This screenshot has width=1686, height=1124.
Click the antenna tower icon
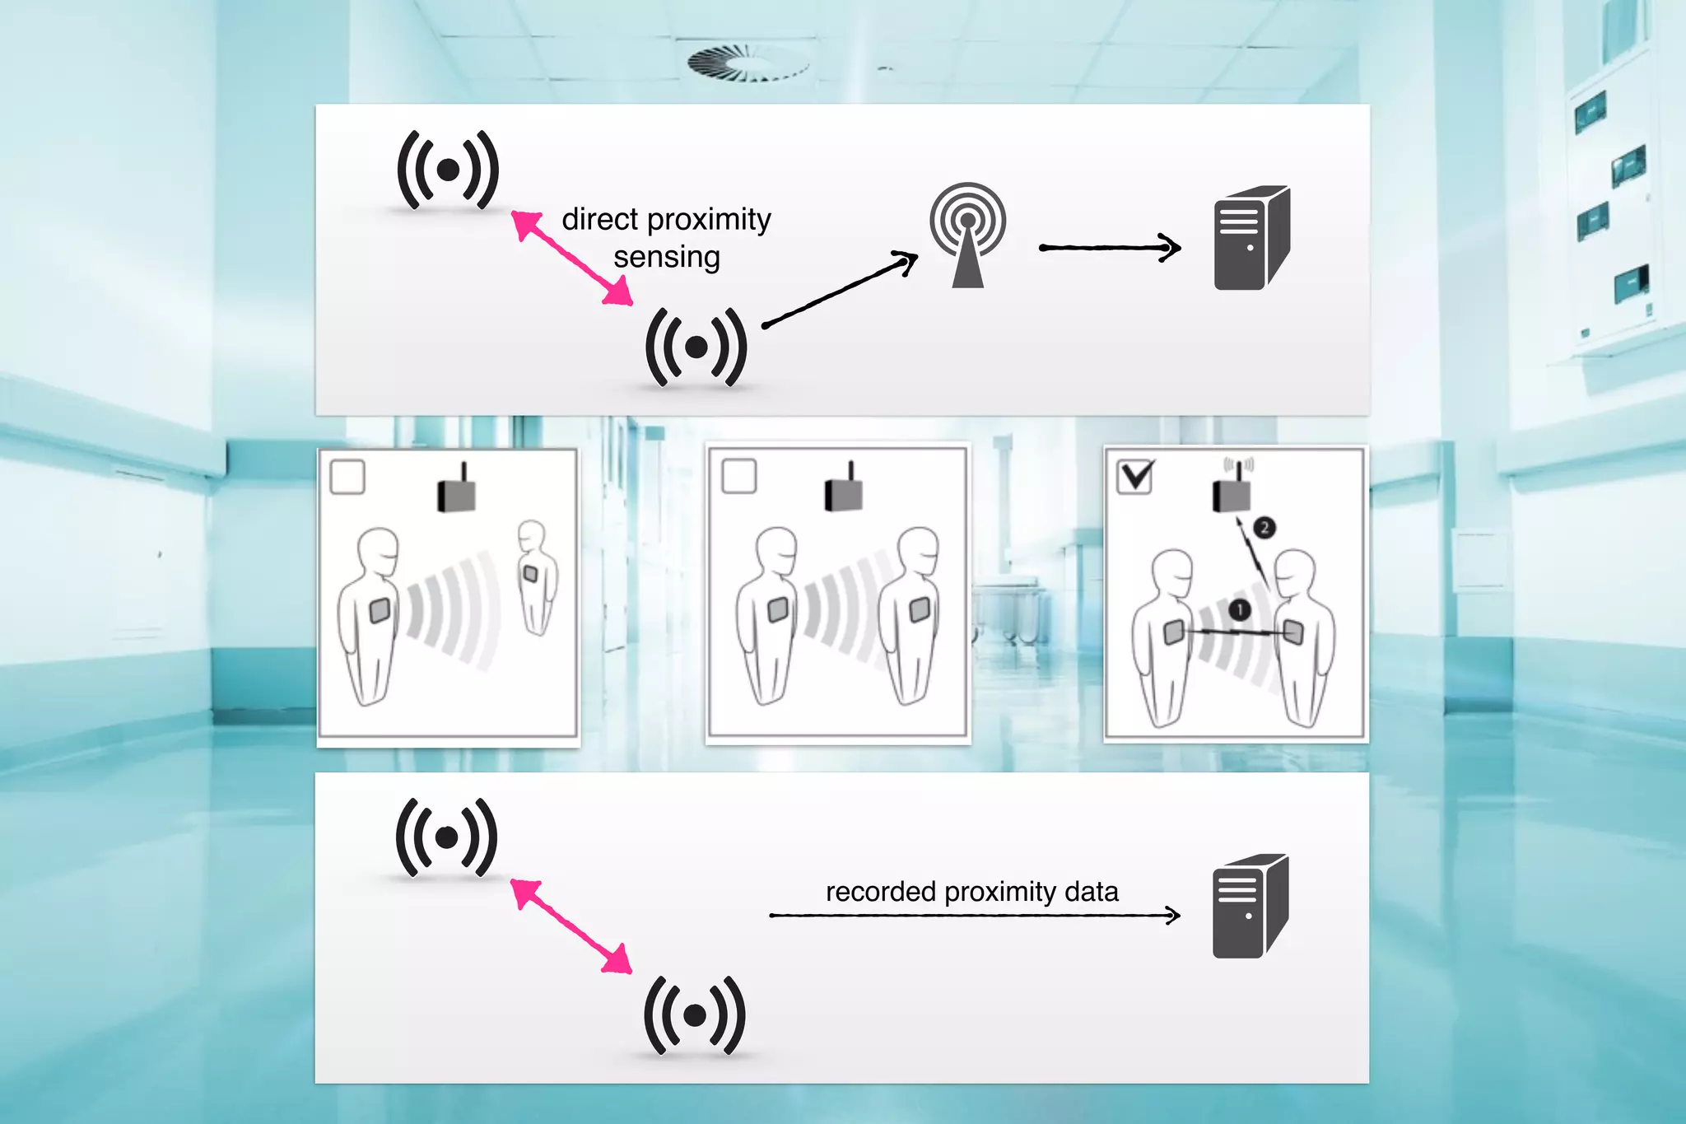coord(967,235)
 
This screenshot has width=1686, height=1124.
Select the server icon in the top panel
coord(1251,238)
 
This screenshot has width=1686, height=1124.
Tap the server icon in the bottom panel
coord(1250,906)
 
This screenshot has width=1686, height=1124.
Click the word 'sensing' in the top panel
coord(667,258)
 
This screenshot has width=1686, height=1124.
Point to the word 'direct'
coord(600,220)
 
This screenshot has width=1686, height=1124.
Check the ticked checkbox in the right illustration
coord(1135,476)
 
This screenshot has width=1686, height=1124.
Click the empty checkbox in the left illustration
coord(347,478)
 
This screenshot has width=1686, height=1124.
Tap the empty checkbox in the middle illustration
coord(738,476)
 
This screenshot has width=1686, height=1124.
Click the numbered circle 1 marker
coord(1240,609)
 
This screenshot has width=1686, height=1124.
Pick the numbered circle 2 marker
coord(1264,527)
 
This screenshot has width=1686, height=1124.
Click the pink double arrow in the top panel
coord(572,258)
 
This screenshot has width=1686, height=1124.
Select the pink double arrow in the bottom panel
coord(571,926)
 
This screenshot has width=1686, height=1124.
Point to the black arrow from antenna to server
coord(1109,247)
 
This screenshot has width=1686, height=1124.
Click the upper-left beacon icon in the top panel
coord(448,170)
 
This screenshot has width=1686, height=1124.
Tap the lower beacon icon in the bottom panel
coord(695,1015)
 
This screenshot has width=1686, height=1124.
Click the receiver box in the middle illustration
coord(844,491)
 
